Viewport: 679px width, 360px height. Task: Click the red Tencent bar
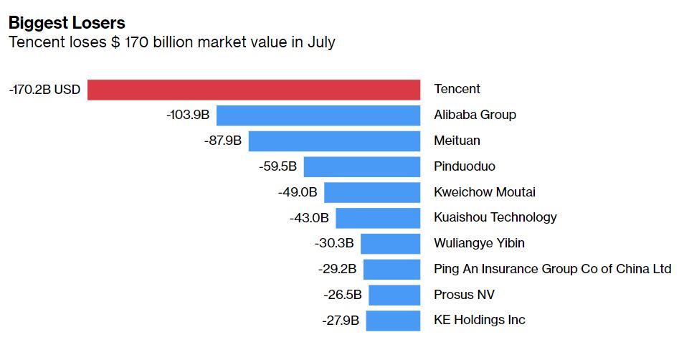pyautogui.click(x=253, y=90)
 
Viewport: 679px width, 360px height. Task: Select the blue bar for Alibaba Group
pyautogui.click(x=318, y=115)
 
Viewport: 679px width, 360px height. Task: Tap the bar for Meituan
pyautogui.click(x=334, y=141)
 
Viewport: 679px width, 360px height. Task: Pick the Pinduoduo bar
pyautogui.click(x=361, y=167)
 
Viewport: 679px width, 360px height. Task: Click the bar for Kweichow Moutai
pyautogui.click(x=371, y=192)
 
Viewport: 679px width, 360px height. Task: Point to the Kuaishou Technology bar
pyautogui.click(x=377, y=218)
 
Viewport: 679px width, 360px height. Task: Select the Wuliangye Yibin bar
pyautogui.click(x=390, y=244)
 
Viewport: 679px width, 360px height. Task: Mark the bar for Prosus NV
pyautogui.click(x=394, y=295)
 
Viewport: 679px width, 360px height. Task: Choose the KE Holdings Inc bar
pyautogui.click(x=392, y=321)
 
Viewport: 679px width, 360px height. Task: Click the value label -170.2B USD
pyautogui.click(x=44, y=90)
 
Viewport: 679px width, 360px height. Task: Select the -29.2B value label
pyautogui.click(x=337, y=270)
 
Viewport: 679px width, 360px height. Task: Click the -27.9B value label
pyautogui.click(x=341, y=321)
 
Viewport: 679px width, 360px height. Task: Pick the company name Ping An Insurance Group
pyautogui.click(x=552, y=269)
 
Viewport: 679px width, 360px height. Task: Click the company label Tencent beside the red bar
pyautogui.click(x=457, y=90)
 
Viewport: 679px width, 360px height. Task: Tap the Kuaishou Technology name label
pyautogui.click(x=495, y=217)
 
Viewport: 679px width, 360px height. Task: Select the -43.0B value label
pyautogui.click(x=309, y=218)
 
